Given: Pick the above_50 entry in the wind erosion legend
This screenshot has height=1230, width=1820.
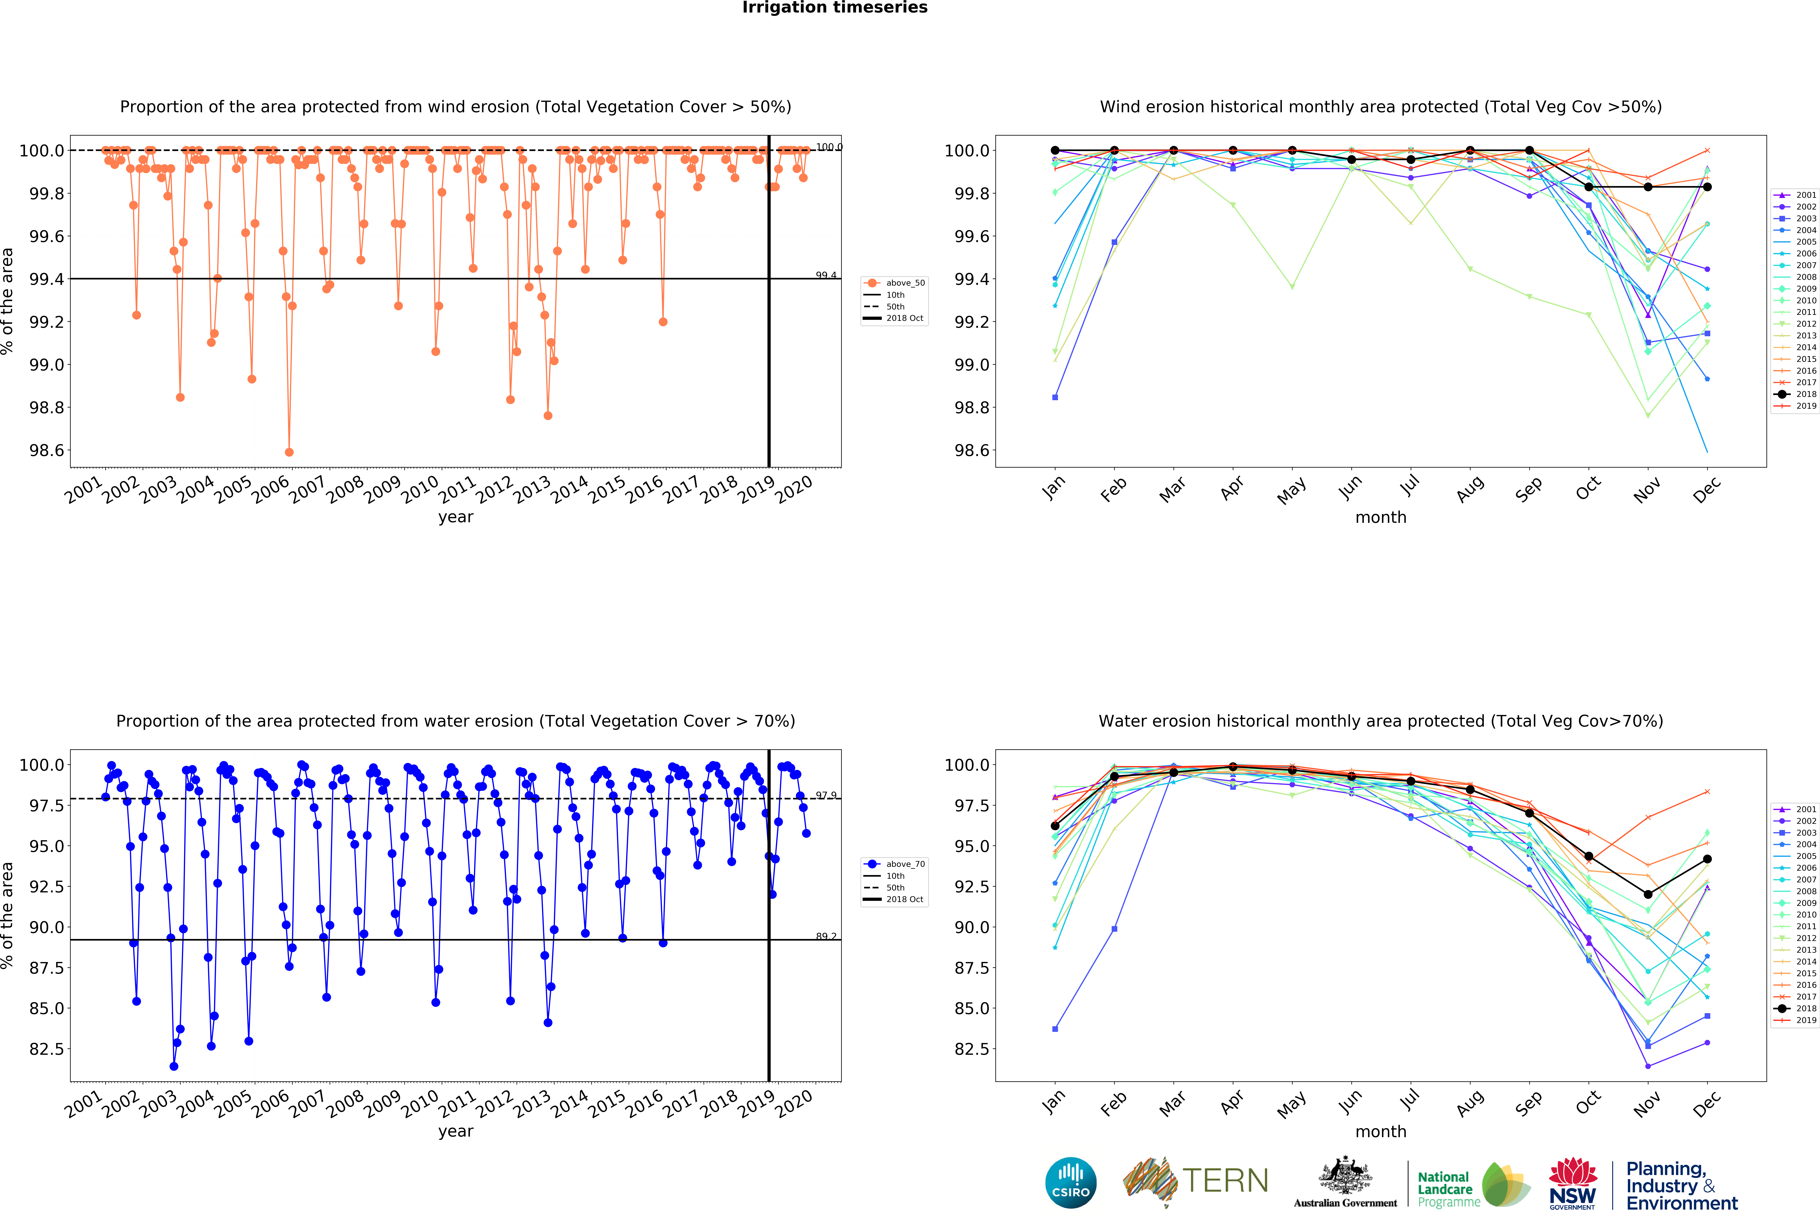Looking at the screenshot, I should click(x=905, y=283).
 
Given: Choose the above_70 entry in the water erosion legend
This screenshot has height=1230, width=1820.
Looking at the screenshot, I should click(x=905, y=864).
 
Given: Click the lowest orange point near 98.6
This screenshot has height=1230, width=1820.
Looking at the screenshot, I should click(x=289, y=452).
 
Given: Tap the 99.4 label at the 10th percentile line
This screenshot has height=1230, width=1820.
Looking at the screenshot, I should click(x=825, y=275).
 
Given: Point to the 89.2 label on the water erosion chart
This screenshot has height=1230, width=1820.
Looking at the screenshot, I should click(x=825, y=936).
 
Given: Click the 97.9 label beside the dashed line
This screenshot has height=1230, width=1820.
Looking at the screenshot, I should click(x=825, y=795).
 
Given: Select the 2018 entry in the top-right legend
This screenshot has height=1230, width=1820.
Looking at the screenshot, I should click(x=1805, y=394).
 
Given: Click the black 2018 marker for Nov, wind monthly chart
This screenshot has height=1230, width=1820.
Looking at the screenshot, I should click(x=1648, y=187).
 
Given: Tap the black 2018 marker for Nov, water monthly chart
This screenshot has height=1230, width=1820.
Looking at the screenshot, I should click(x=1648, y=894).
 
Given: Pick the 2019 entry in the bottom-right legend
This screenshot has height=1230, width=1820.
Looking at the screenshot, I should click(x=1805, y=1020).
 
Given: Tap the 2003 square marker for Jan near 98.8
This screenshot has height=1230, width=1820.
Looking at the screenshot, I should click(x=1055, y=397).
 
